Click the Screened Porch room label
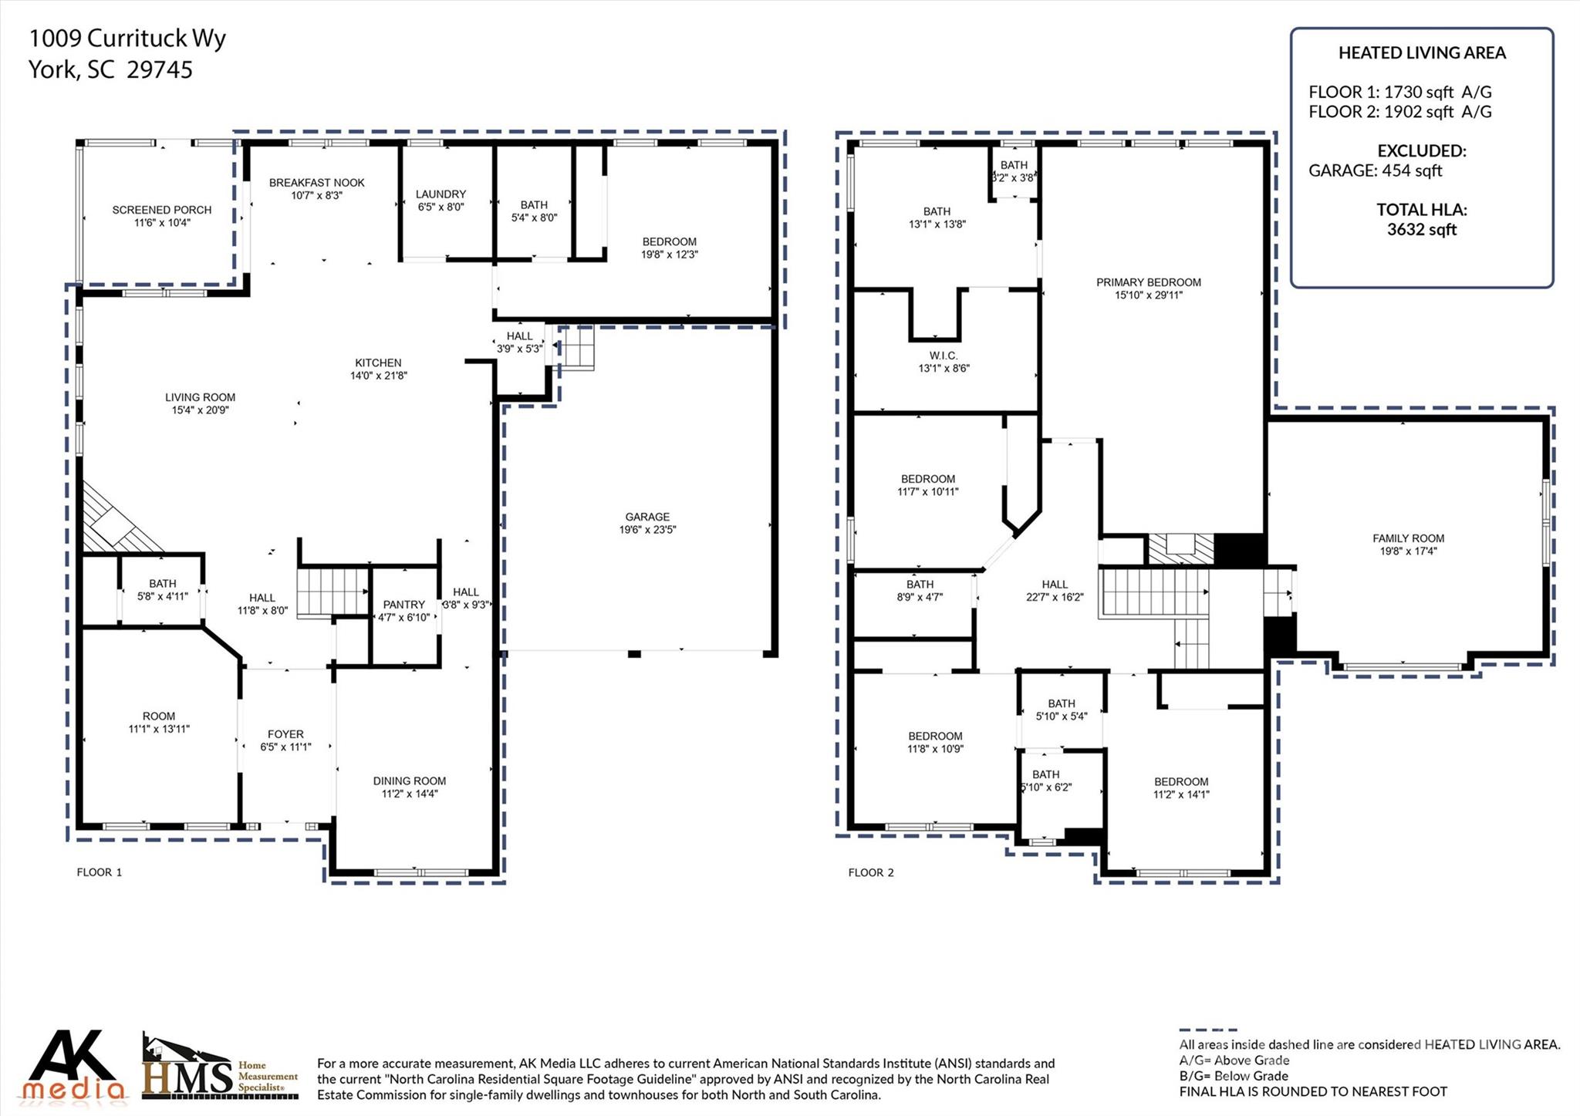click(161, 210)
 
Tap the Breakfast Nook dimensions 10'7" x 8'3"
click(316, 196)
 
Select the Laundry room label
click(441, 194)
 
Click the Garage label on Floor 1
click(647, 517)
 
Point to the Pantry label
click(403, 605)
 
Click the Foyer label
click(285, 734)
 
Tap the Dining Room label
click(409, 781)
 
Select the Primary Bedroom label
click(1148, 282)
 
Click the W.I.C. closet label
click(943, 356)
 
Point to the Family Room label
click(1408, 538)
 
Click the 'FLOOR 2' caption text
click(870, 872)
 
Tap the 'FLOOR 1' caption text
click(99, 872)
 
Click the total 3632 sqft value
click(1421, 230)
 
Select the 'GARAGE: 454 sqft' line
click(1375, 171)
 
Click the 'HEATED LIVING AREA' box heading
click(1421, 52)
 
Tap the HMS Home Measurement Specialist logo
click(219, 1068)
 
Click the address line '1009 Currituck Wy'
click(127, 38)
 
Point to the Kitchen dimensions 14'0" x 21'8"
click(378, 376)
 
